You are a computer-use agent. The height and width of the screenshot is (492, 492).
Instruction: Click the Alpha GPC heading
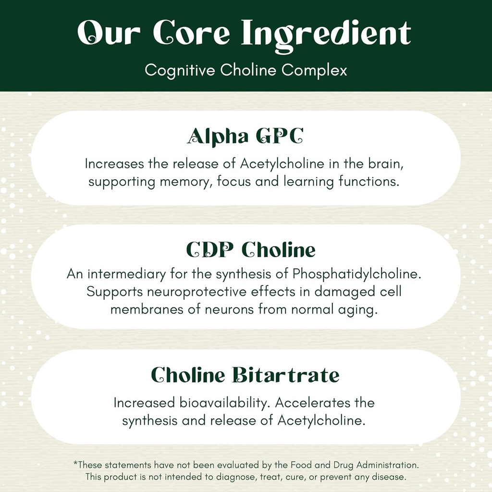point(246,136)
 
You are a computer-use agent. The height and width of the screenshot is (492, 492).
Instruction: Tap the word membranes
point(147,309)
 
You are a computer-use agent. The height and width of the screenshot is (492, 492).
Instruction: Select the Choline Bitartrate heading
point(246,375)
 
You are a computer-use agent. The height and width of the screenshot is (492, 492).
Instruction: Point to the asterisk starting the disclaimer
point(75,464)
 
